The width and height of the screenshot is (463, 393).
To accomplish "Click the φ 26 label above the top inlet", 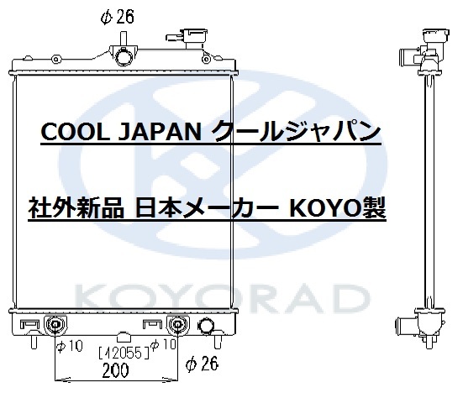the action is coord(118,17).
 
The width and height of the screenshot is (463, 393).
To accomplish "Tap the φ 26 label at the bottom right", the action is coord(202,364).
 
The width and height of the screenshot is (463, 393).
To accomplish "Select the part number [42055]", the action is coord(124,353).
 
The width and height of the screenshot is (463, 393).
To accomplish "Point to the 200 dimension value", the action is coord(115,370).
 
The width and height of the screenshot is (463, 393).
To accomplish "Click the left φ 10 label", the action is coord(70,346).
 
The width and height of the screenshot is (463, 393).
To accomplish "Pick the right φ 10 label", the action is coord(163,344).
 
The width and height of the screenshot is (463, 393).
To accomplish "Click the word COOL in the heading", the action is coord(75,132).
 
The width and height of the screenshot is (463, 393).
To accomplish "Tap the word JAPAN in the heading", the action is coord(160,132).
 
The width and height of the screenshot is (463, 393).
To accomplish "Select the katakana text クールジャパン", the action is coord(296,131).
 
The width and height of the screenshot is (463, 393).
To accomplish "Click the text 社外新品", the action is coord(76,208).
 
